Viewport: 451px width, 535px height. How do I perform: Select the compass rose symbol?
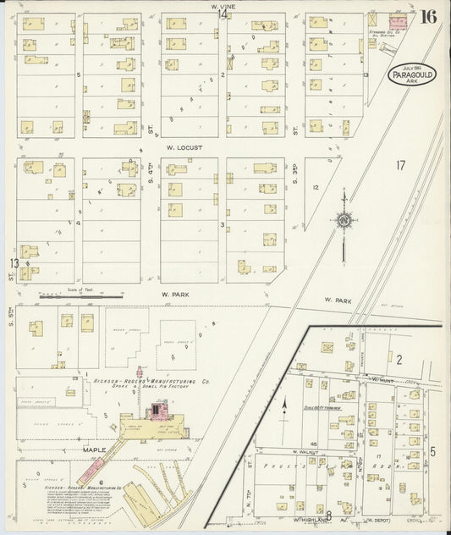click(x=344, y=220)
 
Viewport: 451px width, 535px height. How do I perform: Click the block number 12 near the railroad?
click(x=315, y=186)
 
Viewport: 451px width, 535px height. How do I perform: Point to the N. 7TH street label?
click(x=251, y=471)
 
